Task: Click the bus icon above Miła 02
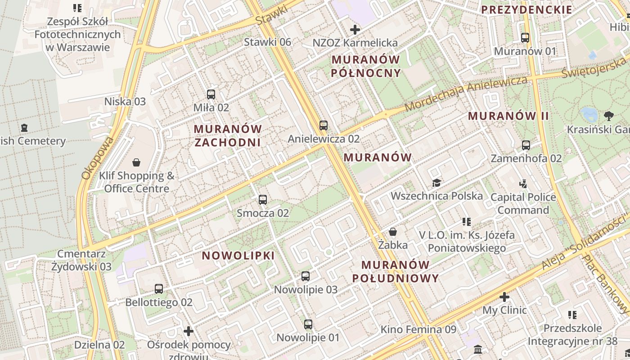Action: [211, 94]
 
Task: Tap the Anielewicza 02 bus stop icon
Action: [324, 126]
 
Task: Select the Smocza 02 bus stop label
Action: [263, 213]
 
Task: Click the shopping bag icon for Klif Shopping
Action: [136, 162]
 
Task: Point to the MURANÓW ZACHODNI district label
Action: [228, 135]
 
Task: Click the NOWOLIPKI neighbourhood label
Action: [238, 256]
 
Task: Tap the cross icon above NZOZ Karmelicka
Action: [355, 30]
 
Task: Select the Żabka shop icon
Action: [393, 232]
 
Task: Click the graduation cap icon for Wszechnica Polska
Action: [436, 183]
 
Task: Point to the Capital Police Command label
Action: [523, 203]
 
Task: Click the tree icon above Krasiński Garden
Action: [609, 116]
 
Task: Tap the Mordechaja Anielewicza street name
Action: [466, 94]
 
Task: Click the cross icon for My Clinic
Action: [504, 297]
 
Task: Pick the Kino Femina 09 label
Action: [418, 329]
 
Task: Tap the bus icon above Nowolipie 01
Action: [308, 324]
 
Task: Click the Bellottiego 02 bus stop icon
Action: [159, 289]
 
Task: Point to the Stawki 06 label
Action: [267, 42]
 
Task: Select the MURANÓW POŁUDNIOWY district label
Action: [395, 271]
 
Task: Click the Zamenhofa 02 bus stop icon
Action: [526, 145]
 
